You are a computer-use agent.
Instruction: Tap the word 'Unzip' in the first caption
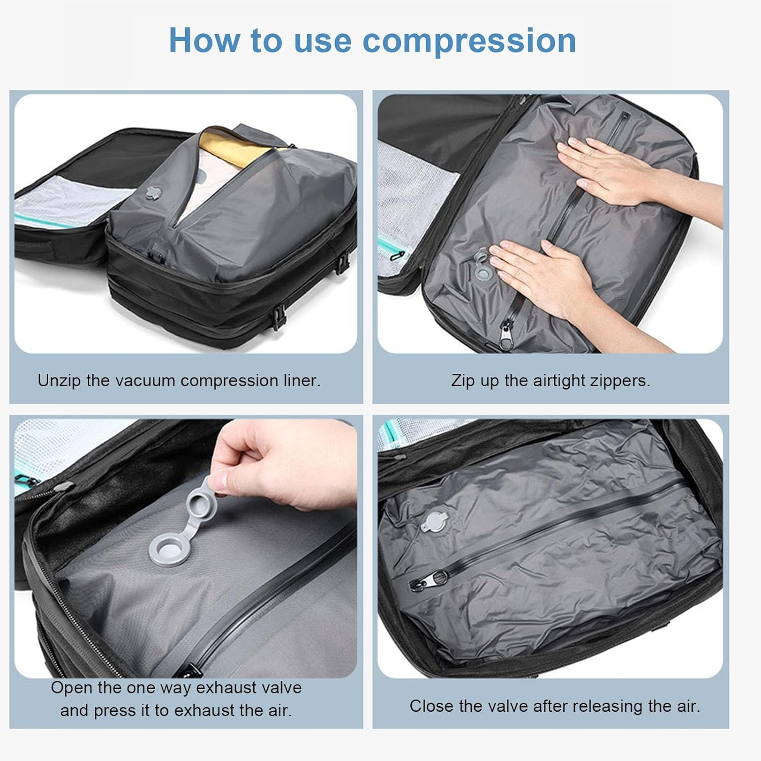(59, 380)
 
